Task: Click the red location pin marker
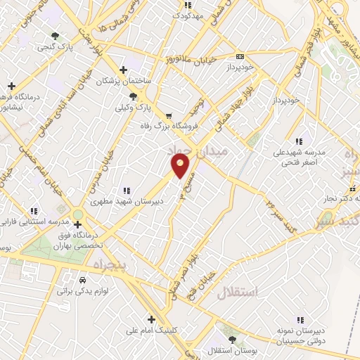click(x=181, y=167)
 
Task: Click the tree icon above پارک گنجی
click(x=56, y=36)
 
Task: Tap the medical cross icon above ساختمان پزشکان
click(x=124, y=70)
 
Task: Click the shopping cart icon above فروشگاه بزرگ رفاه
click(x=168, y=115)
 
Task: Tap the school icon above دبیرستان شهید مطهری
click(x=127, y=190)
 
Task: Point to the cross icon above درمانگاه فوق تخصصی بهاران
click(x=77, y=224)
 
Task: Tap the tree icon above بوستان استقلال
click(x=231, y=339)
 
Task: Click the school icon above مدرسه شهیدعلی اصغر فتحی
click(x=300, y=141)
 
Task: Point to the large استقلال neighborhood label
click(x=237, y=292)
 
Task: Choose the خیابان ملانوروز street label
click(x=189, y=58)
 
